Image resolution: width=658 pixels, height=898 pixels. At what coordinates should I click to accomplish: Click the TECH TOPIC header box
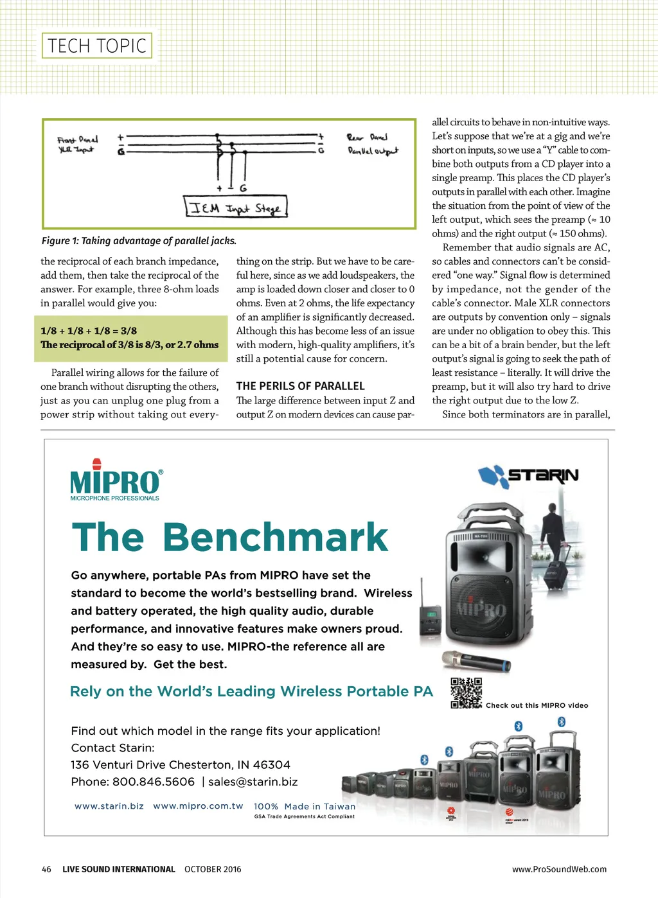97,46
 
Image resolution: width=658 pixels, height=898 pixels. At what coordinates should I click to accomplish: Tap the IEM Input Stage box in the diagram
236,207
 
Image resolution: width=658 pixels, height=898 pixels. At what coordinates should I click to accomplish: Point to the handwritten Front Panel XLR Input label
77,145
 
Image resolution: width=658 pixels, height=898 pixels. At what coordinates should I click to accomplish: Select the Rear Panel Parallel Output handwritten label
372,144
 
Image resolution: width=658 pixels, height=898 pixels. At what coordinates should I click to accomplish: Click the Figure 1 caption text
139,241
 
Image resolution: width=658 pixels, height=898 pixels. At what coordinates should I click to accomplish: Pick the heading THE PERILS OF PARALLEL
300,386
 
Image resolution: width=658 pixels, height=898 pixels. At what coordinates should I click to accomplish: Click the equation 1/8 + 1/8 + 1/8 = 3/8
89,331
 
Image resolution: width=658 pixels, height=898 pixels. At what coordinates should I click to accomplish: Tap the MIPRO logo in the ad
116,480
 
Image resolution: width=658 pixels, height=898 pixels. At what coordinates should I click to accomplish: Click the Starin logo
528,476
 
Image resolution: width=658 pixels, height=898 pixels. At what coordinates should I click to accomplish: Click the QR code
466,692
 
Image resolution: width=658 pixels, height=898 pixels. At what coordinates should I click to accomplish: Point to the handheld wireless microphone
476,660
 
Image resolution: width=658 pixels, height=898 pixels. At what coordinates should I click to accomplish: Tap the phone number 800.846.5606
154,782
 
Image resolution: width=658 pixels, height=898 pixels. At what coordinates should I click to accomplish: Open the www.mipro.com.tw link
198,806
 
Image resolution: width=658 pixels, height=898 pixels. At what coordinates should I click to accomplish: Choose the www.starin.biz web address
109,806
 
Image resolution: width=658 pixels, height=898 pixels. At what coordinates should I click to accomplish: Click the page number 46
46,869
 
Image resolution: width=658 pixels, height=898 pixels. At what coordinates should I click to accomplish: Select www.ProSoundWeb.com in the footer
559,869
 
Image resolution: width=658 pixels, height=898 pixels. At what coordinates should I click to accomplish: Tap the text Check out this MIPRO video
537,705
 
